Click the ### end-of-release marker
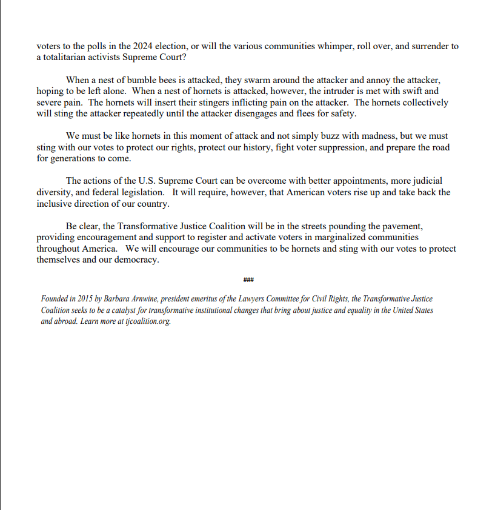coord(248,280)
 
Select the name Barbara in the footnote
coord(123,300)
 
